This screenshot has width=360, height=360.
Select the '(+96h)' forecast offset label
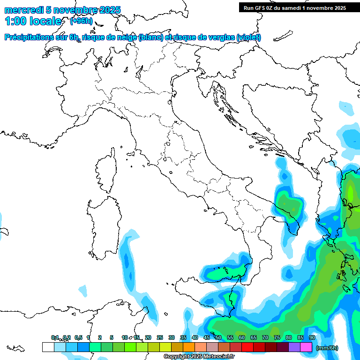(81, 21)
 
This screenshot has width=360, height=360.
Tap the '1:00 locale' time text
(33, 22)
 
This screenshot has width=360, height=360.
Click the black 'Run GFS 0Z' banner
(294, 7)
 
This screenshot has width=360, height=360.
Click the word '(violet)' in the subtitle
(248, 37)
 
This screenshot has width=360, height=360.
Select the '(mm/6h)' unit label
(327, 348)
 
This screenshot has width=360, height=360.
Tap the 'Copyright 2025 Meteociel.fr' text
(199, 357)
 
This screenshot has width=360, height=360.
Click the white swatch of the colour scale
(48, 347)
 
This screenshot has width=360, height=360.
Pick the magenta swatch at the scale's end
(306, 347)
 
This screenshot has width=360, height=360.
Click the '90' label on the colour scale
(312, 337)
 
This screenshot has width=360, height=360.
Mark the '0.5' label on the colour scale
(78, 337)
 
